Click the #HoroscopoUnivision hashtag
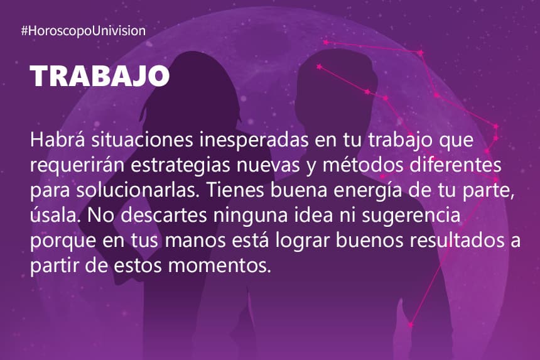coord(84,31)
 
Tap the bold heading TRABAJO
coord(100,76)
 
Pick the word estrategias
coord(180,165)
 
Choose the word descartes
coord(164,215)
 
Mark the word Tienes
coord(235,190)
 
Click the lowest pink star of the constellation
coord(411,325)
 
